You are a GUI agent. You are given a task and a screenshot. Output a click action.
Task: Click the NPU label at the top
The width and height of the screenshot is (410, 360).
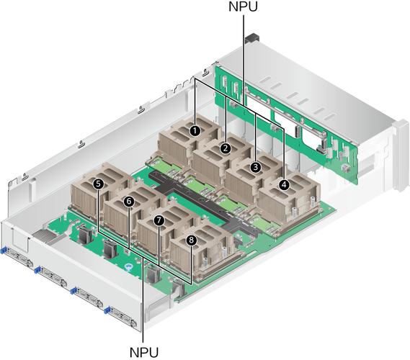point(243,6)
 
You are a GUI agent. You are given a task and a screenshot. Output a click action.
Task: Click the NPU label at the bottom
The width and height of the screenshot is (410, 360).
point(144,352)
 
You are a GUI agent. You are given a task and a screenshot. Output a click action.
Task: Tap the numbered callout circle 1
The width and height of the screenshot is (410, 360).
point(195,131)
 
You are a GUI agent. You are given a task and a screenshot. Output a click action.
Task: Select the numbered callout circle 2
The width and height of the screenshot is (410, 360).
point(226,148)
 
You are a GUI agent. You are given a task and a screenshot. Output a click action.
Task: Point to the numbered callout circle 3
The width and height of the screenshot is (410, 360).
point(256,167)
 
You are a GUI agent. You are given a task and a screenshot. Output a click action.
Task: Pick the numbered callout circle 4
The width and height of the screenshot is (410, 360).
point(284,185)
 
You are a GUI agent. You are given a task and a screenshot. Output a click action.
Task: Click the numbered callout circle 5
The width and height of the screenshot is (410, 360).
point(98,184)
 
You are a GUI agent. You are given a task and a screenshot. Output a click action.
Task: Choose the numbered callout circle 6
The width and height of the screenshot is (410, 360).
point(129,202)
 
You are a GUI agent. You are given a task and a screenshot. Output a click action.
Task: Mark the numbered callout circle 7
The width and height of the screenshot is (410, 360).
point(159,220)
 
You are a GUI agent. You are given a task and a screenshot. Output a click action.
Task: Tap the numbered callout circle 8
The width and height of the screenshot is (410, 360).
point(192,239)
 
